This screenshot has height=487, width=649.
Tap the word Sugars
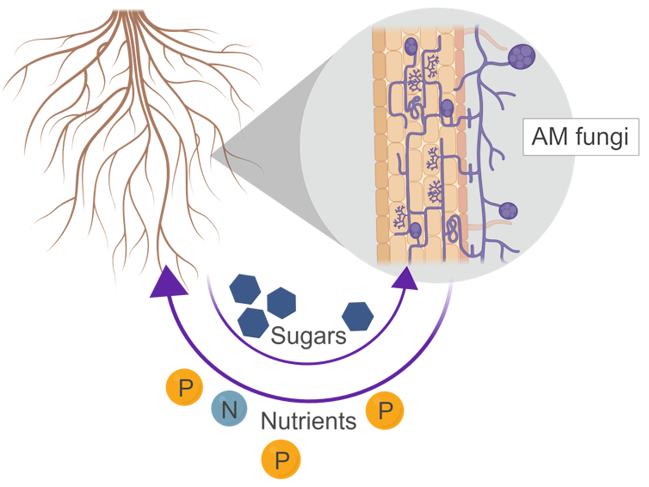coord(309,336)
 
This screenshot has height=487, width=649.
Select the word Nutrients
coord(308,422)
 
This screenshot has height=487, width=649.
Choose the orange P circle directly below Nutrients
coord(281,459)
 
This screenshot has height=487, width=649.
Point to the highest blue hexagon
coord(247,287)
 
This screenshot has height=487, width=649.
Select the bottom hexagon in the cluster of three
coord(251,321)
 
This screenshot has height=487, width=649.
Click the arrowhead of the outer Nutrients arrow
coord(166,281)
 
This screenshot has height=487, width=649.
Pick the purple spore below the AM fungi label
coord(508,210)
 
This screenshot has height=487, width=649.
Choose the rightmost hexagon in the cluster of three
coord(281,302)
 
